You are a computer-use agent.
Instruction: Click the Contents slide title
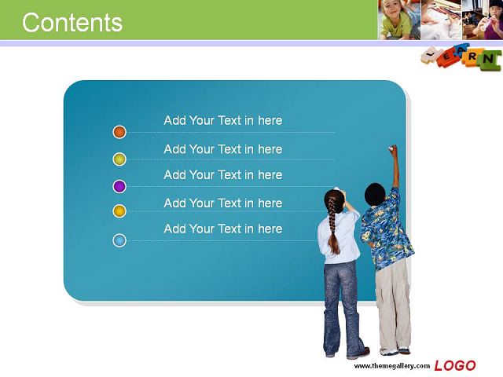(x=72, y=23)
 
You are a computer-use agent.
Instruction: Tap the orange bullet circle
(x=119, y=132)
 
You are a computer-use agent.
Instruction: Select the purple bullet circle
(x=119, y=186)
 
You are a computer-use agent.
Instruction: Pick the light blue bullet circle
(x=119, y=240)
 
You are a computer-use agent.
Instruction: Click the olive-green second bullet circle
(x=119, y=159)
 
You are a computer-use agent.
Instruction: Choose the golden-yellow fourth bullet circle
(x=119, y=211)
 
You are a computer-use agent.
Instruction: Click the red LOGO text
(x=455, y=365)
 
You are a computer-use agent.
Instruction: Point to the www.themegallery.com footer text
(x=391, y=366)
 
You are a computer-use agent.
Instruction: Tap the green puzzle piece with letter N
(x=488, y=60)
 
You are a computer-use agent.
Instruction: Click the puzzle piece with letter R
(x=472, y=57)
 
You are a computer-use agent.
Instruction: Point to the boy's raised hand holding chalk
(x=393, y=149)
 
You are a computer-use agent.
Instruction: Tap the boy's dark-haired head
(x=375, y=194)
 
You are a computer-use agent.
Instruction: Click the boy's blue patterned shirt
(x=386, y=230)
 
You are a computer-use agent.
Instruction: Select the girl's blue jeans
(x=343, y=308)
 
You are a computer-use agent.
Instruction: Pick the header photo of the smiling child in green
(x=398, y=20)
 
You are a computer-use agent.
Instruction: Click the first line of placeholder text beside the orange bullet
(x=223, y=120)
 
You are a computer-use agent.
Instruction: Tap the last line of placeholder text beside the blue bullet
(x=223, y=229)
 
